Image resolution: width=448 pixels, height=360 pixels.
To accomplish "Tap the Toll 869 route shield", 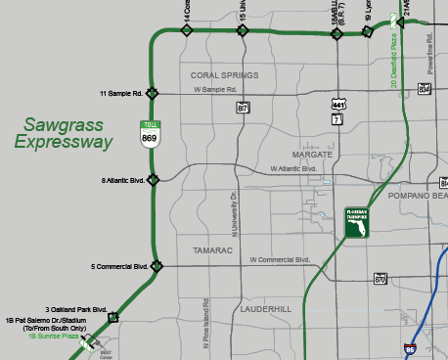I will coord(150,135).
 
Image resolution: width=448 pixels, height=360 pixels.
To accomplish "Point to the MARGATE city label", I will coord(313,155).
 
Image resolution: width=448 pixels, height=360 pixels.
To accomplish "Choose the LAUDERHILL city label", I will coord(265,308).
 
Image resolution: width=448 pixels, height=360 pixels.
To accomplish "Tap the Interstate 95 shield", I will coord(409,347).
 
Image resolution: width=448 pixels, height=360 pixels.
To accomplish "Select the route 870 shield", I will coord(381,280).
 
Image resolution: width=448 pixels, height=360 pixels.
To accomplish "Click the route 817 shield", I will coord(243,109).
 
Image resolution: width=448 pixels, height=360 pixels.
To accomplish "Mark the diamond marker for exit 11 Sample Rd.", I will coord(152,94).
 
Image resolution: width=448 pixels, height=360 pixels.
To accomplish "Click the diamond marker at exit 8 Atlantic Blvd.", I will coord(151,180).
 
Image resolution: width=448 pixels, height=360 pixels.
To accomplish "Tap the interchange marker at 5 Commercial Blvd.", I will coord(157,266).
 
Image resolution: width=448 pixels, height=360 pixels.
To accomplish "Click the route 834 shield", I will coord(425,88).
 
